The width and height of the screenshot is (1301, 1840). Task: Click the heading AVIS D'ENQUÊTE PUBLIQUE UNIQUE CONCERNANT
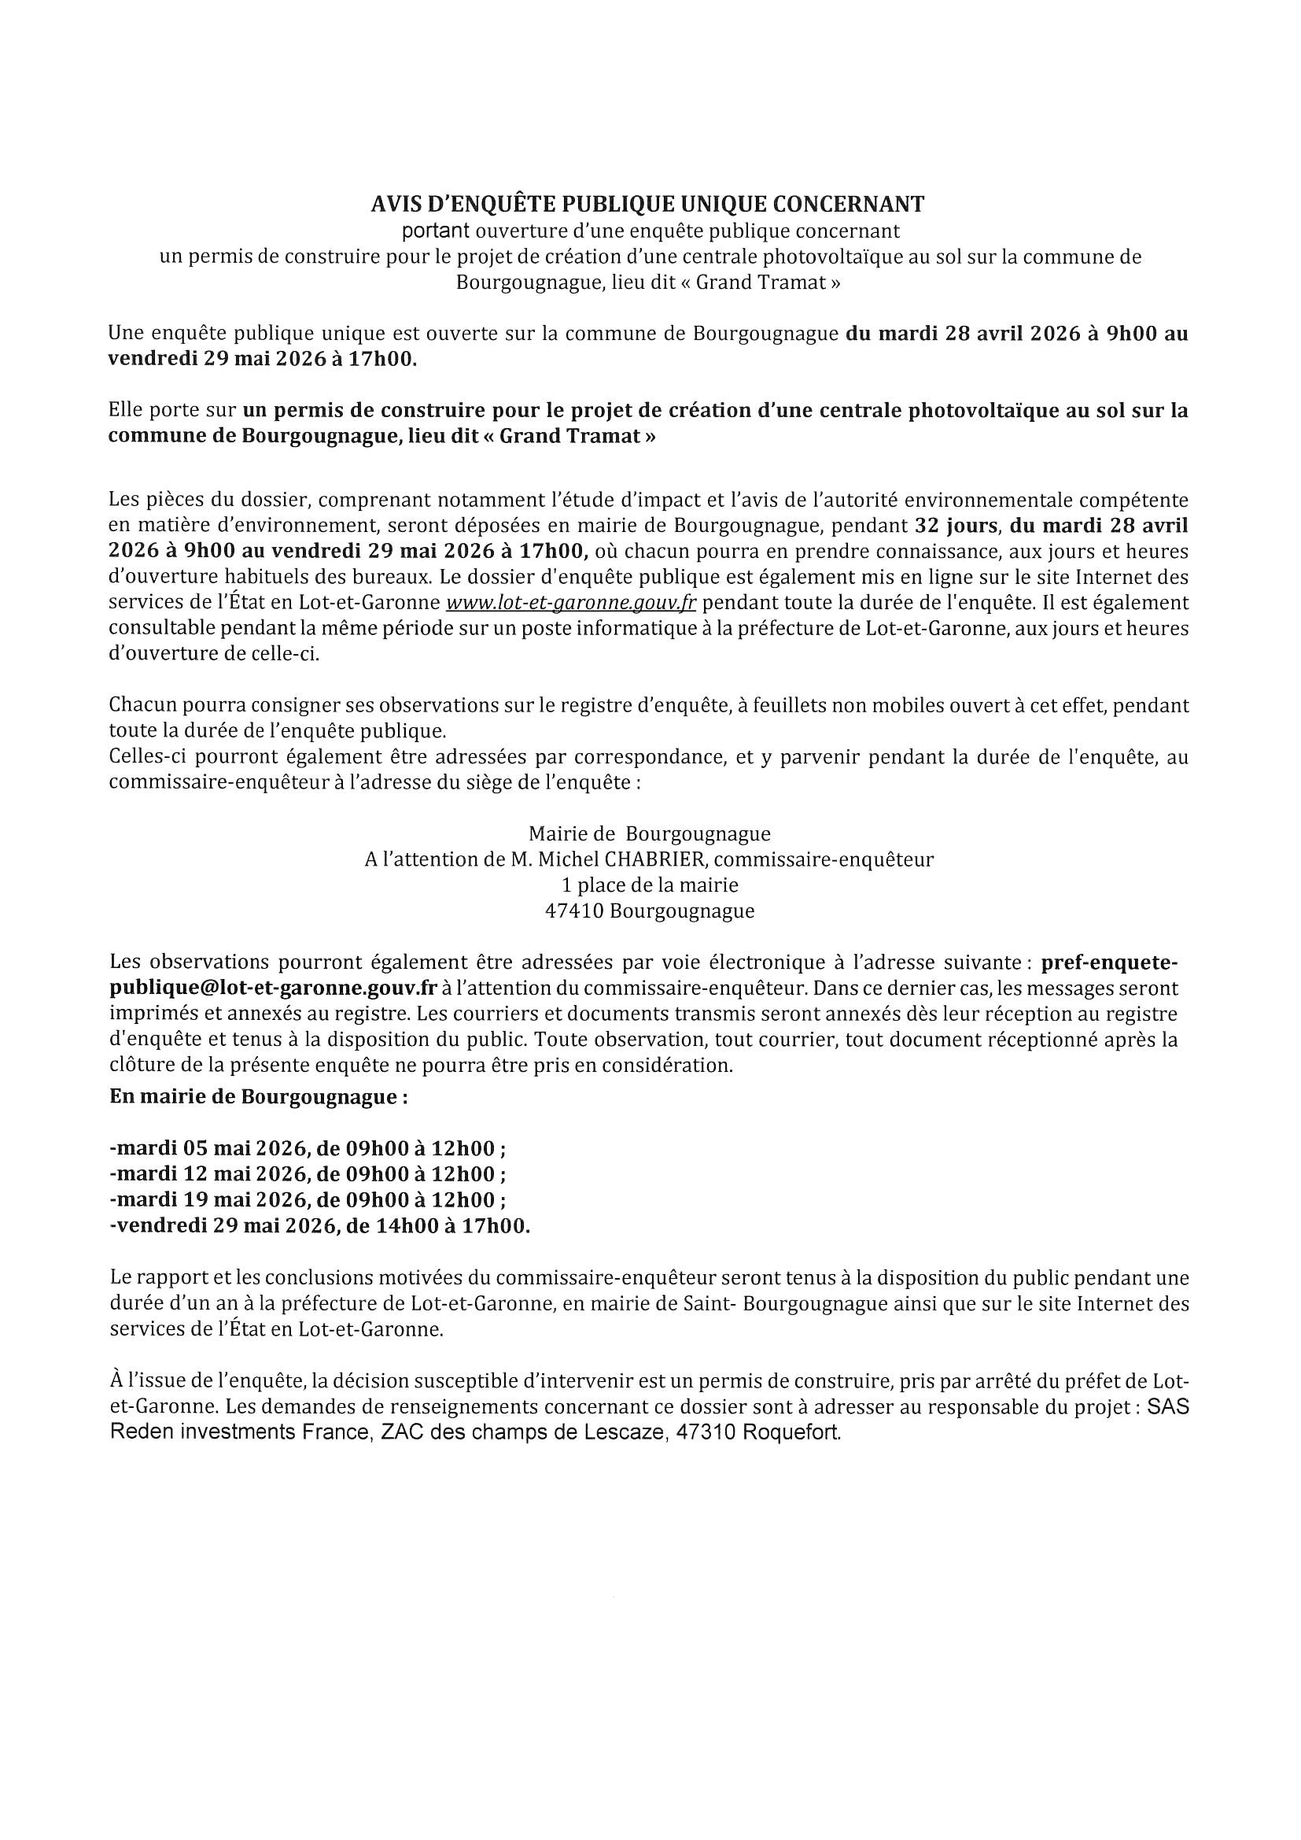(647, 205)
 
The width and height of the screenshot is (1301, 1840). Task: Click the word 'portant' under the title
(435, 231)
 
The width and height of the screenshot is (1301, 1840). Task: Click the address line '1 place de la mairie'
(649, 885)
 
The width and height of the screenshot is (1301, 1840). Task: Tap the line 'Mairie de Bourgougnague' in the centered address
(649, 834)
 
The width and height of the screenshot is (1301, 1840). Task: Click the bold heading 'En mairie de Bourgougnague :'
(258, 1097)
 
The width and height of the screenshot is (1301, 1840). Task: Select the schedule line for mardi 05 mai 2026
(308, 1148)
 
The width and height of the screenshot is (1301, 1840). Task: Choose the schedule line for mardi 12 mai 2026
(308, 1174)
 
